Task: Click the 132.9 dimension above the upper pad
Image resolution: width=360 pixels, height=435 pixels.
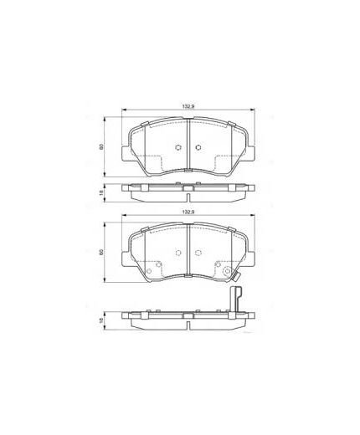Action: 188,106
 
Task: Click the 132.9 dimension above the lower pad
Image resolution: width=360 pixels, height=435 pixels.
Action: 188,215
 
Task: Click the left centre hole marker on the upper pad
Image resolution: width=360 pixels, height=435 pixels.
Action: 177,149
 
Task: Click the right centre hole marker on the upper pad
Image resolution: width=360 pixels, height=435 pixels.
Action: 198,149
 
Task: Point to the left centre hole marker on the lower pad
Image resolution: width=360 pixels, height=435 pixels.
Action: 177,254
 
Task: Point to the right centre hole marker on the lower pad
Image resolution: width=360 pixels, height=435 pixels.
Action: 198,254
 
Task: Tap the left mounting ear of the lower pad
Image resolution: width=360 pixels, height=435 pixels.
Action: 126,257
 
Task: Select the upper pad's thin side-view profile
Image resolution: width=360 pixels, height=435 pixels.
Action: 188,191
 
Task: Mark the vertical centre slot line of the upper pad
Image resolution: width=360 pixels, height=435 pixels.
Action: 188,142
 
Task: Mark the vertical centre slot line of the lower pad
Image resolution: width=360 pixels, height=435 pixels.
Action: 188,249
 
